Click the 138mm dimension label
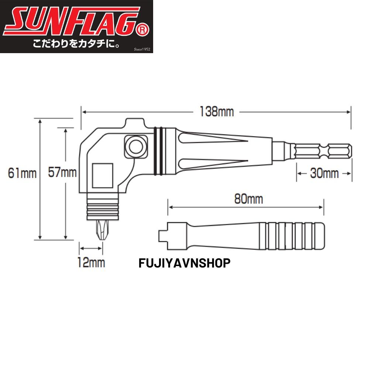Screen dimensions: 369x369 pyautogui.click(x=217, y=111)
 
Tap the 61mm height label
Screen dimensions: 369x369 pyautogui.click(x=23, y=173)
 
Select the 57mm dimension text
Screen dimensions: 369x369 pyautogui.click(x=62, y=173)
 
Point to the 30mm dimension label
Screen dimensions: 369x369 pyautogui.click(x=324, y=173)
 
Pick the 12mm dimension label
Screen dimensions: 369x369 pyautogui.click(x=91, y=263)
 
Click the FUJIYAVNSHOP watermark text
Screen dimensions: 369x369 pyautogui.click(x=184, y=263)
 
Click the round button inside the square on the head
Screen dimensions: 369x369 pyautogui.click(x=135, y=145)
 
